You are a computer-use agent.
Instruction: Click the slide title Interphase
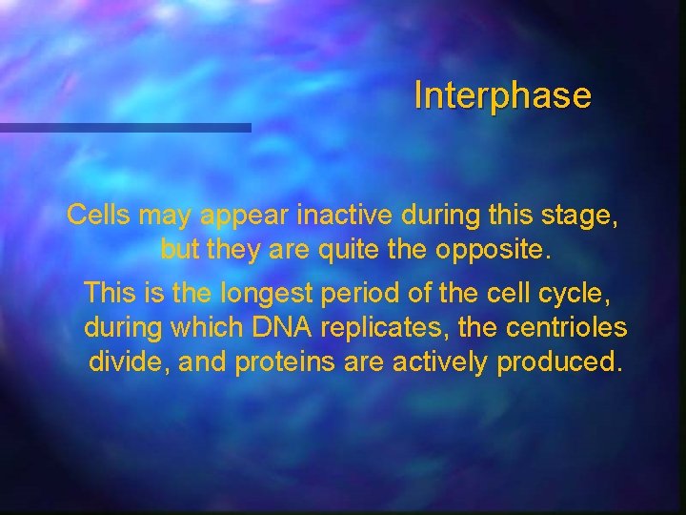tap(502, 95)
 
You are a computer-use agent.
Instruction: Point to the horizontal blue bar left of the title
tap(125, 127)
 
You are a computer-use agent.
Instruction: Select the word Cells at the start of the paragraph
tap(99, 216)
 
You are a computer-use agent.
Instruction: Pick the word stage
tap(584, 217)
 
